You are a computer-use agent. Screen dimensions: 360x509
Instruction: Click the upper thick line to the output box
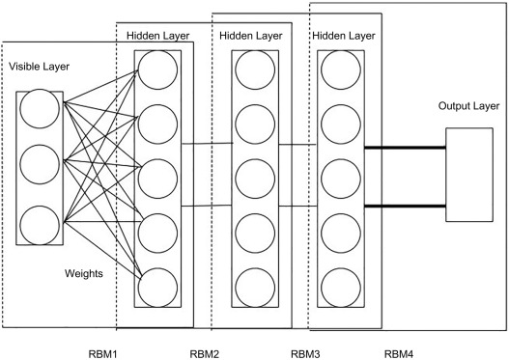point(405,149)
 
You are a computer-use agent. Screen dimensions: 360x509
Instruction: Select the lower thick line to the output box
point(405,206)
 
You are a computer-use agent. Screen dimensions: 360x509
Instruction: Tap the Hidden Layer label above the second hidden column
point(248,35)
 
